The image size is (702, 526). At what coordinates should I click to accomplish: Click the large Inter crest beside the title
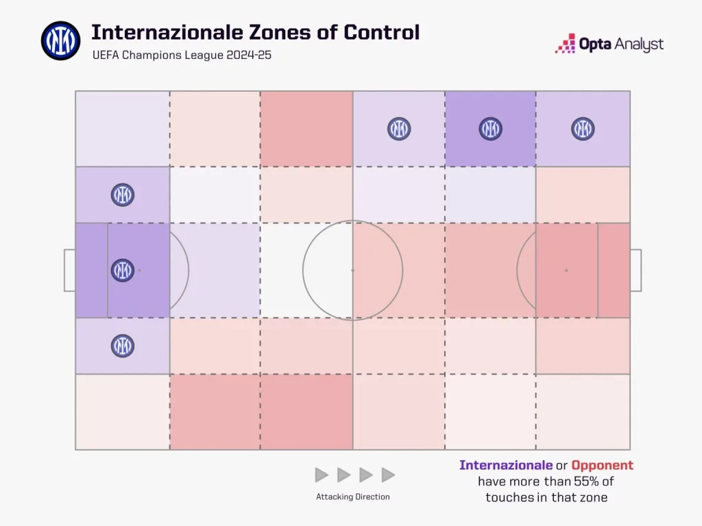(60, 40)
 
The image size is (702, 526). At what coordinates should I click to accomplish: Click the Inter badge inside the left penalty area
(123, 270)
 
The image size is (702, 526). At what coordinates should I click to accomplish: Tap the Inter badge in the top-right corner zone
(583, 129)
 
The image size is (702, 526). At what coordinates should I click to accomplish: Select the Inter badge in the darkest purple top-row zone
(490, 129)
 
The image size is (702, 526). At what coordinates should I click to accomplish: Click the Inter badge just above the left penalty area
(123, 195)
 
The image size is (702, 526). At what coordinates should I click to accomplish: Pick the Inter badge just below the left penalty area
(123, 345)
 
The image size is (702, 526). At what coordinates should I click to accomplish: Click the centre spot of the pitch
(353, 270)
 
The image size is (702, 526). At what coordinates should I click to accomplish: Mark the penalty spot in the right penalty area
(566, 270)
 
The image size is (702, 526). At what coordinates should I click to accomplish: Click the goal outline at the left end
(70, 270)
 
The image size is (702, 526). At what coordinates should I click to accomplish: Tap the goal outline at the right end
(636, 270)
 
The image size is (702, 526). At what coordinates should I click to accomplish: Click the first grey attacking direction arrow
(322, 475)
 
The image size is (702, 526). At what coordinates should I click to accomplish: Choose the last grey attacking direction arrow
(388, 475)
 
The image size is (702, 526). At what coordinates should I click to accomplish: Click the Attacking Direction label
(353, 497)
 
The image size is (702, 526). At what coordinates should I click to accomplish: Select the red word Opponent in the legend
(603, 466)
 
